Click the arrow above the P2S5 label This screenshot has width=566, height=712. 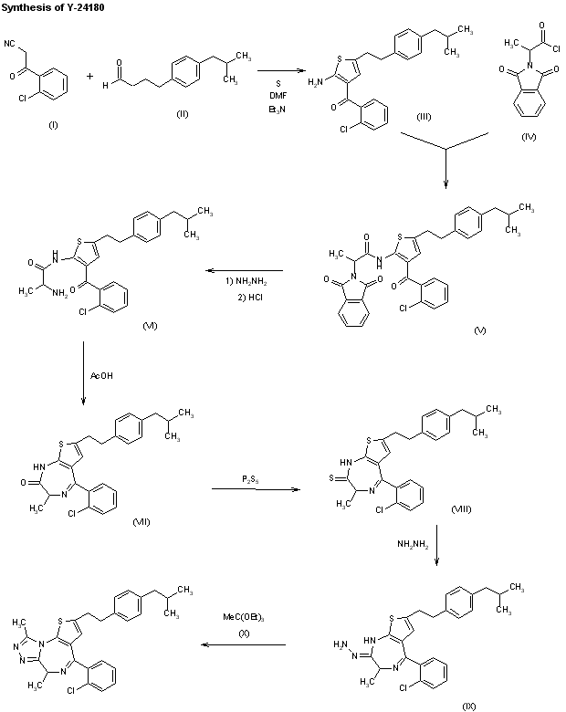coord(256,491)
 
